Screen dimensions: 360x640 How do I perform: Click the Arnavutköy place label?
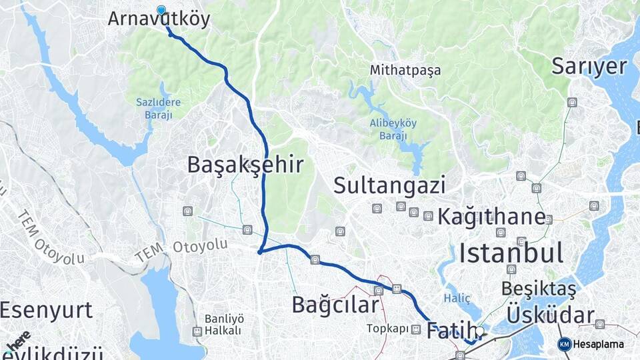click(159, 19)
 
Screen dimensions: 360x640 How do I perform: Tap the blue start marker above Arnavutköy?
click(161, 10)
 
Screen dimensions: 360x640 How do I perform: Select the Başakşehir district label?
click(245, 165)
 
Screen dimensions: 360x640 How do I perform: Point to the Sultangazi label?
click(389, 185)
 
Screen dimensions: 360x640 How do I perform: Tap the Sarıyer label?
click(589, 66)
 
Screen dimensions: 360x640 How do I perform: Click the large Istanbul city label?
click(511, 253)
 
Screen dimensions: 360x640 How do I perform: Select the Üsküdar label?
click(551, 315)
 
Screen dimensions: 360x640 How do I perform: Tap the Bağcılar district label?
click(335, 305)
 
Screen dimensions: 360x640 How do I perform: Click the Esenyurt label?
click(46, 310)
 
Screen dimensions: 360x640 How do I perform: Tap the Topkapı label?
click(386, 329)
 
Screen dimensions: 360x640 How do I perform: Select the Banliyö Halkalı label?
click(223, 324)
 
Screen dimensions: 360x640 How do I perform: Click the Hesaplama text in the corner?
click(599, 344)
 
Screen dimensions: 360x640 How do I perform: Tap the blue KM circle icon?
click(564, 344)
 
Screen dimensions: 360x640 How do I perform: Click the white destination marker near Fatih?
click(480, 331)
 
